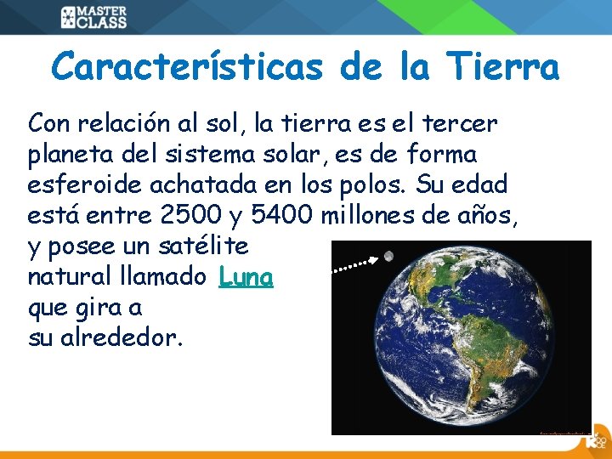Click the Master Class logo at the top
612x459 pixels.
click(93, 17)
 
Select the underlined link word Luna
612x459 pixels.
click(246, 277)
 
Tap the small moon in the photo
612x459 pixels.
click(388, 256)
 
